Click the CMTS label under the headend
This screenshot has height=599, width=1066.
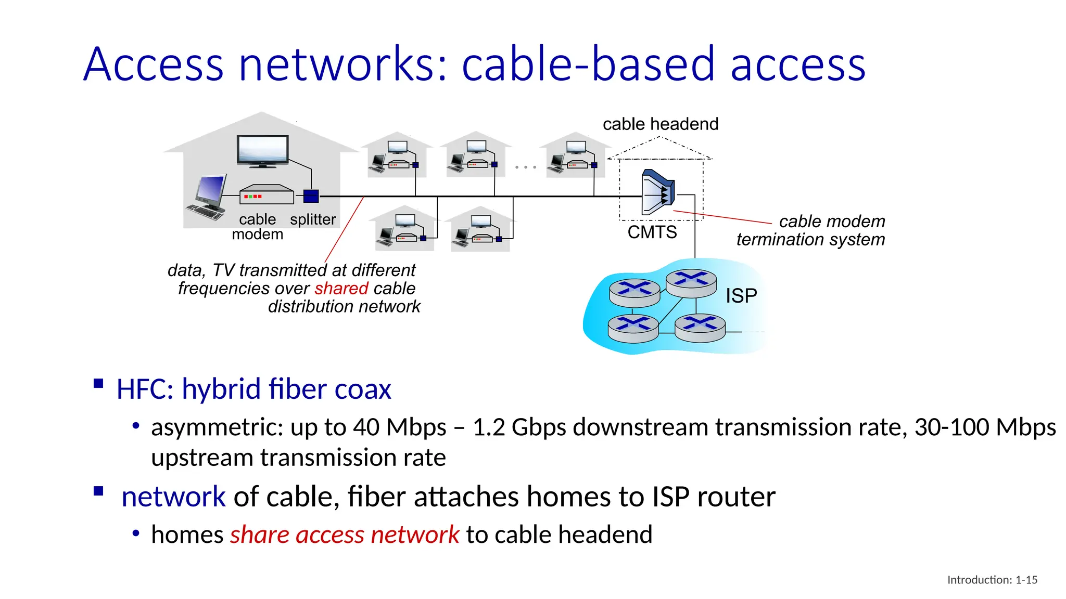point(652,232)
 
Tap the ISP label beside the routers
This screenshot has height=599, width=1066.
point(741,296)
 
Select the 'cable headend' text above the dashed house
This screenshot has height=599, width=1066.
point(660,124)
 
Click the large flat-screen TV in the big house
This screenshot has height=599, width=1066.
point(263,151)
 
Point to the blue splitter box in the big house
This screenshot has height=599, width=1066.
point(311,197)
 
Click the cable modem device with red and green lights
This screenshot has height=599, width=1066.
point(266,195)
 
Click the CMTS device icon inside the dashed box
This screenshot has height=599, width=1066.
point(658,192)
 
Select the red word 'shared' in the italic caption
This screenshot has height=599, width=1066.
point(341,289)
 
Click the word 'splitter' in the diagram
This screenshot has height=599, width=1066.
point(313,219)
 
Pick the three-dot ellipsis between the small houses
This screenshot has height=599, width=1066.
point(525,167)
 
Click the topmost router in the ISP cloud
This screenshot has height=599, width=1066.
point(691,283)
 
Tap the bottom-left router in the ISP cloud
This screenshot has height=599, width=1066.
point(633,329)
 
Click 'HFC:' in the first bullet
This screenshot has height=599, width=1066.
point(145,389)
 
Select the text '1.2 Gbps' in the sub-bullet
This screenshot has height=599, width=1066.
point(504,427)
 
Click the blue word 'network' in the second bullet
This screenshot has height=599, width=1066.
point(173,497)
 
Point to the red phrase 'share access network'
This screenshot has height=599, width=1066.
point(345,535)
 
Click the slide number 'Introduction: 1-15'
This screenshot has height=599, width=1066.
point(992,580)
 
